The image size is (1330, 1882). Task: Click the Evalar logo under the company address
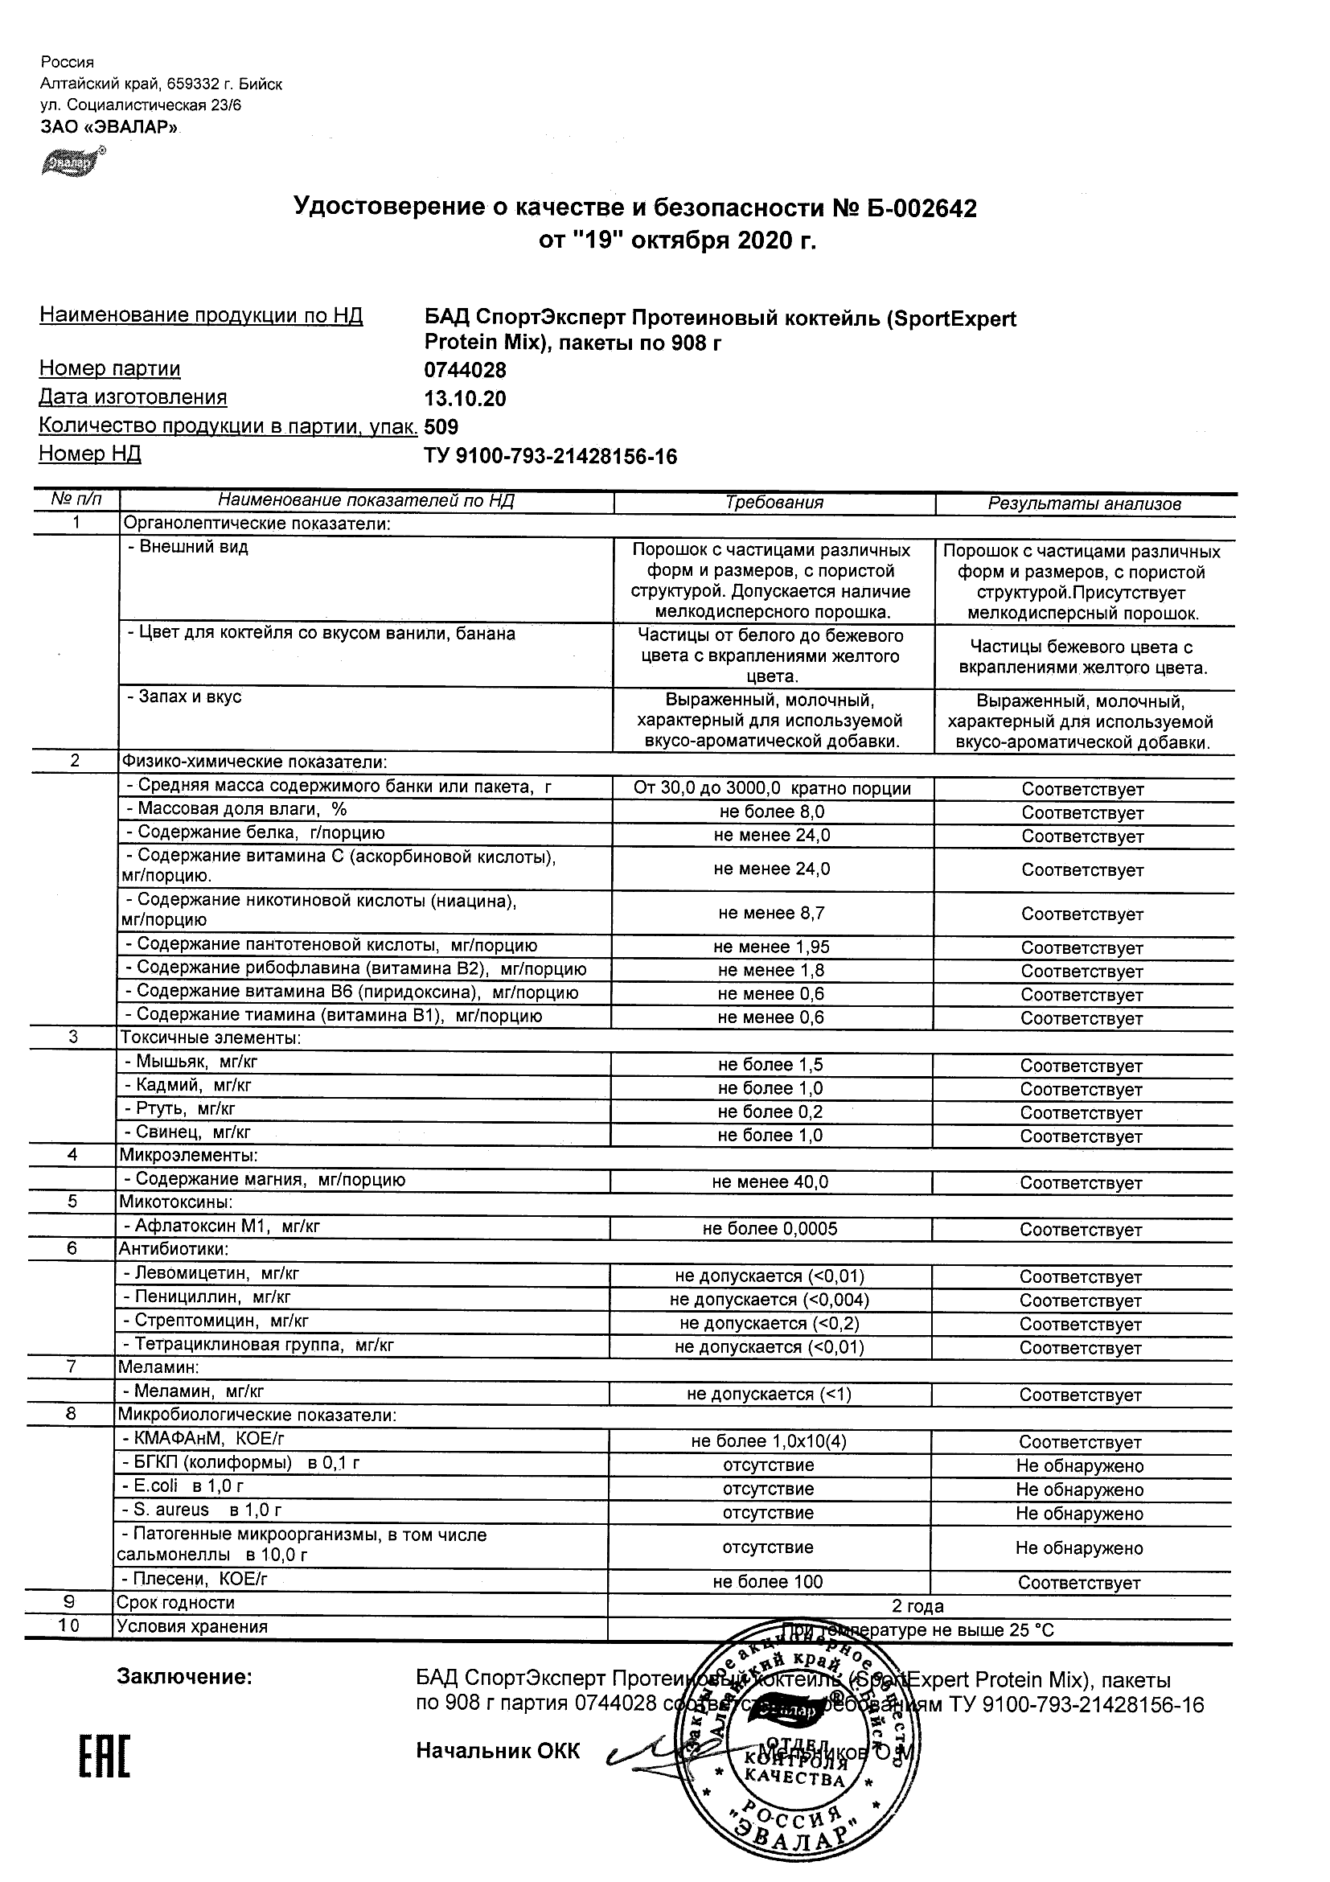(73, 162)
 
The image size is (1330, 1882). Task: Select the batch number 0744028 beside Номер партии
(465, 370)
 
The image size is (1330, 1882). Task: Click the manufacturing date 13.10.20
(465, 398)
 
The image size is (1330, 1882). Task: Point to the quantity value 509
(441, 427)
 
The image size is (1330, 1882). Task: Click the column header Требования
(774, 503)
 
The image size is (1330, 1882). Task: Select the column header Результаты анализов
(1084, 504)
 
